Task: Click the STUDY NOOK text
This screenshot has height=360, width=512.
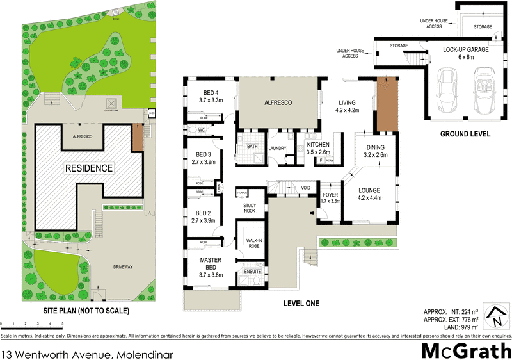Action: (x=250, y=208)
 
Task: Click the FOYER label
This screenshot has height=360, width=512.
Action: (x=330, y=197)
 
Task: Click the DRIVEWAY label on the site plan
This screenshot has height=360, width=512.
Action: (x=122, y=266)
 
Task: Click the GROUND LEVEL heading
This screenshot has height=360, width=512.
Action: (x=465, y=135)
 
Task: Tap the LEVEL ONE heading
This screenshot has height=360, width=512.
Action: (x=301, y=303)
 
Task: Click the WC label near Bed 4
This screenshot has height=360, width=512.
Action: (x=202, y=130)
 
